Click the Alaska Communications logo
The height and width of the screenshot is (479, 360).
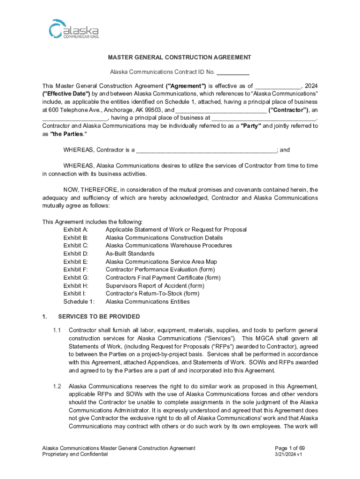coord(74,29)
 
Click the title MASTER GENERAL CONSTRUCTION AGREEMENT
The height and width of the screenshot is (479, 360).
coord(180,58)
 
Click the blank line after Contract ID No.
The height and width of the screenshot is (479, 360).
coord(233,73)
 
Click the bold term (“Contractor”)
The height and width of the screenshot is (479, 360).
coord(288,110)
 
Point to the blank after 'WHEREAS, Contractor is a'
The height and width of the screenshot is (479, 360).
coord(206,150)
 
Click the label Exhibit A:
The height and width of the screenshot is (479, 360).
coord(76,230)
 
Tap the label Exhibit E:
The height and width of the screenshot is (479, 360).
coord(75,262)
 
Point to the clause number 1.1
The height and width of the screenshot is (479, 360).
coord(57,330)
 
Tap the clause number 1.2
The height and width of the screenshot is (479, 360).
coord(57,386)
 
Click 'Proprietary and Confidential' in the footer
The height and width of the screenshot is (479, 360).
coord(75,455)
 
